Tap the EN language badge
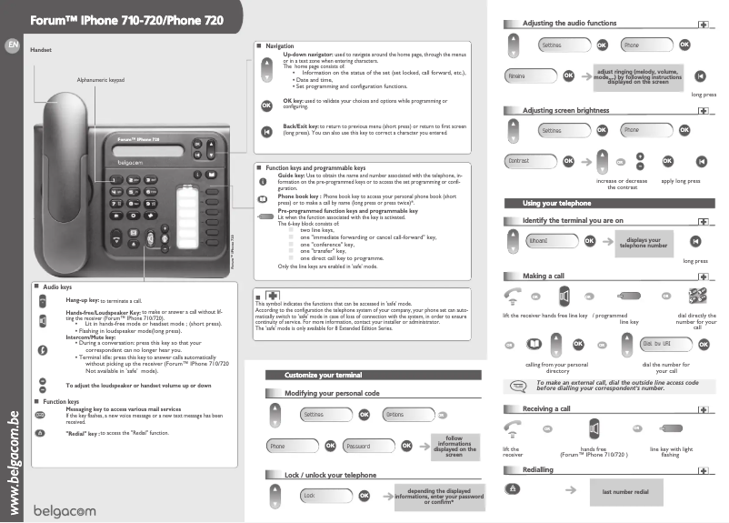[x=11, y=45]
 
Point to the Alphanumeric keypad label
[x=100, y=80]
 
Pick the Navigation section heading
[x=279, y=45]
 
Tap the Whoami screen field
[x=550, y=241]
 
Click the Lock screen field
[x=325, y=495]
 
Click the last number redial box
[x=625, y=491]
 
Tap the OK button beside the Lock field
[x=364, y=495]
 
